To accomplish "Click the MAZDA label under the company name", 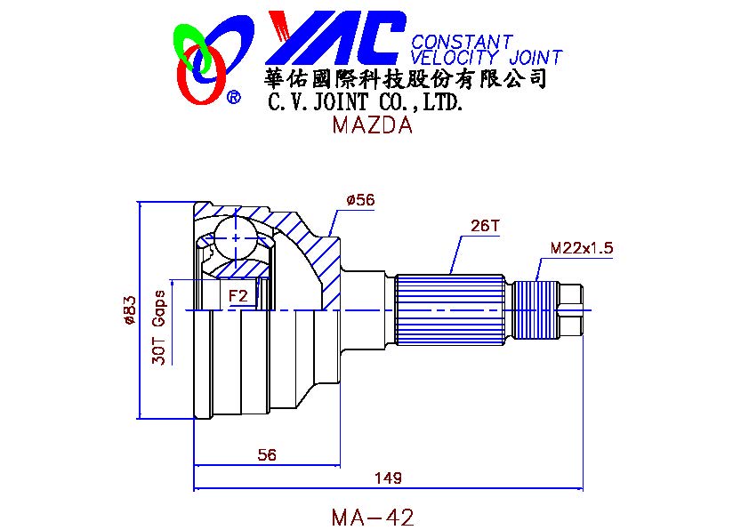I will coord(372,125).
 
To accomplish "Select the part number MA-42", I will coord(372,517).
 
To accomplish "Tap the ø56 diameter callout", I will coord(360,200).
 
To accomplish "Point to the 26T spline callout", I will coord(485,226).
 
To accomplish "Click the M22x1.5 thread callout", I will coord(582,247).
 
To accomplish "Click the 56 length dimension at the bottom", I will coord(266,454).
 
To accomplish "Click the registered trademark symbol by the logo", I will coord(233,97).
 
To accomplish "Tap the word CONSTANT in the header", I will coord(461,42).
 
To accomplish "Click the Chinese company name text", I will coord(406,80).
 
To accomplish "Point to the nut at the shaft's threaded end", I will coord(569,307).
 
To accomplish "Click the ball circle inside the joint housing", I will coord(236,237).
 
